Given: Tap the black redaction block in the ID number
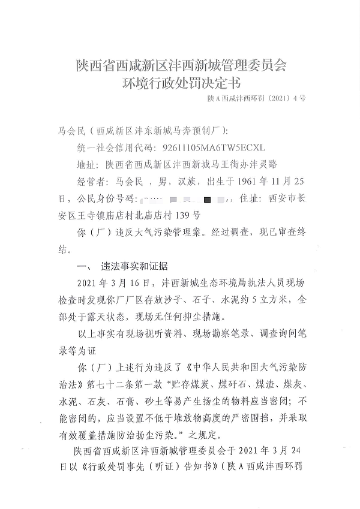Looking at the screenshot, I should pos(208,197).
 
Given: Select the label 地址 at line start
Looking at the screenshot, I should pos(86,163).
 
